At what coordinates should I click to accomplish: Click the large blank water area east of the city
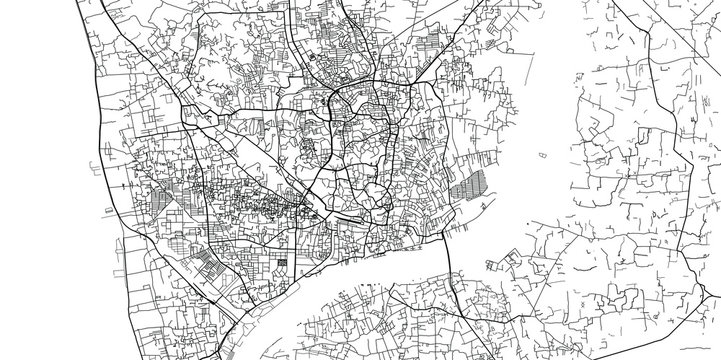pyautogui.click(x=520, y=110)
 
